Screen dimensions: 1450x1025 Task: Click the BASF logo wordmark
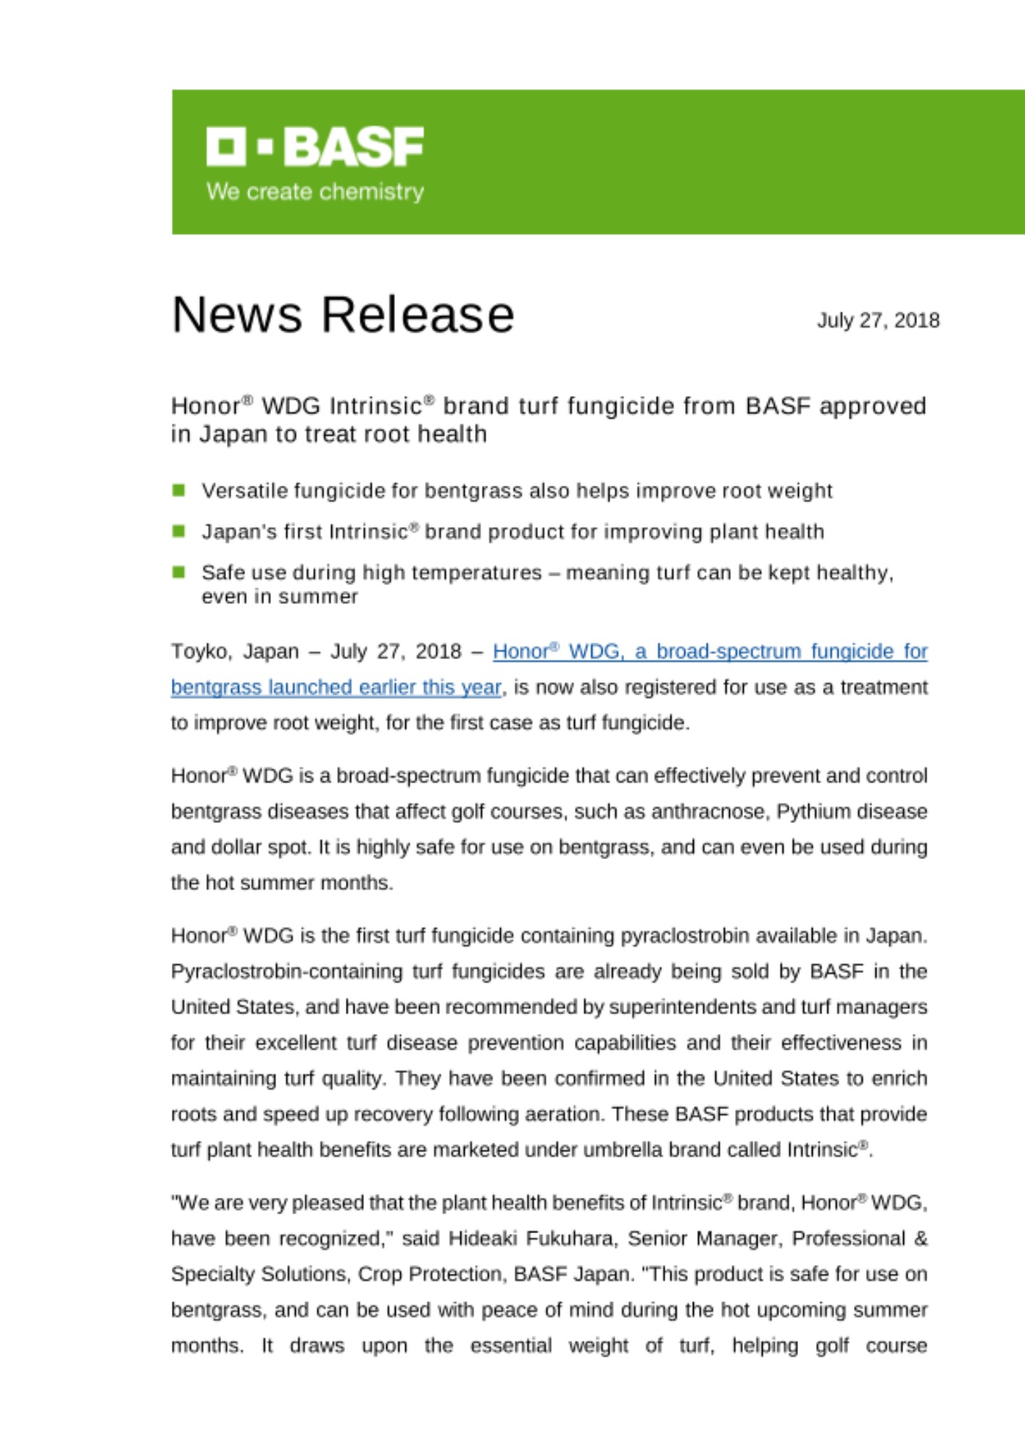coord(353,146)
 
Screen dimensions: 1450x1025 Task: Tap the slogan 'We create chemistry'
coord(315,191)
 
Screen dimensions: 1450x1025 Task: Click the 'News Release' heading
coord(343,315)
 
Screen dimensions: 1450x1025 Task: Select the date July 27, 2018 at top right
coord(878,320)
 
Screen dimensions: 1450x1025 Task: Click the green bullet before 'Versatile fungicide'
coord(179,490)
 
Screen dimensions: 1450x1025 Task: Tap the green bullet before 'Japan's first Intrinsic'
coord(179,531)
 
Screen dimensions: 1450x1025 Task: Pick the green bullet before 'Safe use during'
coord(179,572)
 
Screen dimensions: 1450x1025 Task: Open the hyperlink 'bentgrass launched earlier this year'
coord(336,687)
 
